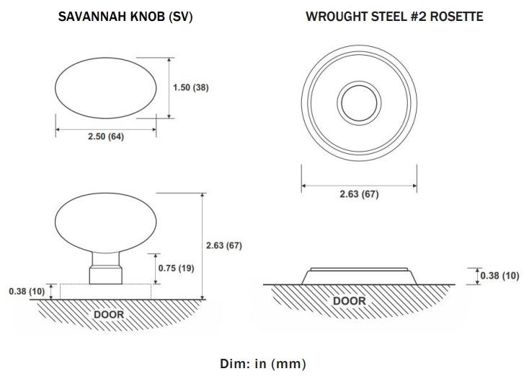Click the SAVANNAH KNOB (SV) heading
[x=125, y=17]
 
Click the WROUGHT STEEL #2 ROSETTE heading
[x=394, y=17]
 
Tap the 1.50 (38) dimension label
[x=191, y=87]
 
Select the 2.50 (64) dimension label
[x=106, y=136]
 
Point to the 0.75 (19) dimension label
[x=176, y=268]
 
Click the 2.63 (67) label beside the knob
[x=224, y=245]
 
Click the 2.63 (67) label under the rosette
[x=359, y=194]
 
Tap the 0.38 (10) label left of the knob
[x=27, y=291]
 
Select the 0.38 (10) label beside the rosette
[x=500, y=276]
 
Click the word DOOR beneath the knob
[x=109, y=315]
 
